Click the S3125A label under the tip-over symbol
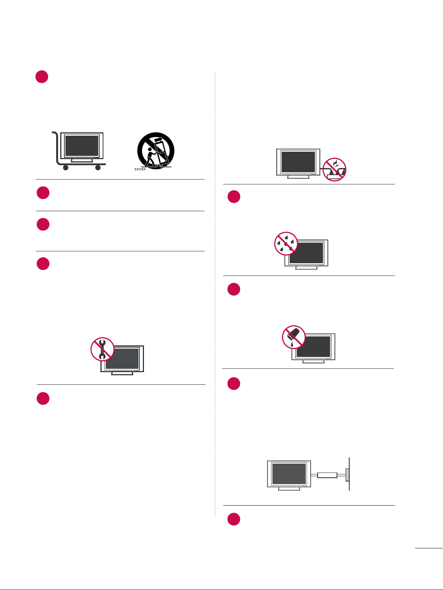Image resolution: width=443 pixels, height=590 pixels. tap(140, 169)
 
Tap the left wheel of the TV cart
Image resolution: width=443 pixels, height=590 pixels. tap(65, 167)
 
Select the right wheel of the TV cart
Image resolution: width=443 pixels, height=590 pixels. tap(98, 167)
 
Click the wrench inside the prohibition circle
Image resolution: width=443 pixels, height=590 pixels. tap(102, 349)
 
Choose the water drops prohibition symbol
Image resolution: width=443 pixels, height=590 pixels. tap(286, 244)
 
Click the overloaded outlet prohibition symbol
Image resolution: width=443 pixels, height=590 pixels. tap(334, 169)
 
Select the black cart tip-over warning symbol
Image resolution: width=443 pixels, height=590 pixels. tap(155, 151)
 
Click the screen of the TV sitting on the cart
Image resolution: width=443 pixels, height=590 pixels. tap(82, 146)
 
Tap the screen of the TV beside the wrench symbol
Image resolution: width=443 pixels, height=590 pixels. tap(123, 358)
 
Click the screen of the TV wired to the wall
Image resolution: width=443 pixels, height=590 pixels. tap(289, 474)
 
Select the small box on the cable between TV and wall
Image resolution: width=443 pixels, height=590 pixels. tap(327, 475)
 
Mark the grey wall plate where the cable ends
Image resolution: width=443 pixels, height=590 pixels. tap(347, 475)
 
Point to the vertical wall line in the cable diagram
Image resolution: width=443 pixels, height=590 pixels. tap(349, 474)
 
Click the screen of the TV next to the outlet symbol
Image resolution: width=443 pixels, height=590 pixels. tap(298, 162)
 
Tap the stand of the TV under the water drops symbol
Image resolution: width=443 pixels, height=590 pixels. tap(306, 268)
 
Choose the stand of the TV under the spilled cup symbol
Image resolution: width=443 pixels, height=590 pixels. tap(314, 361)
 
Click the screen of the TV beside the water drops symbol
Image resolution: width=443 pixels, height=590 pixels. tap(306, 253)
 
